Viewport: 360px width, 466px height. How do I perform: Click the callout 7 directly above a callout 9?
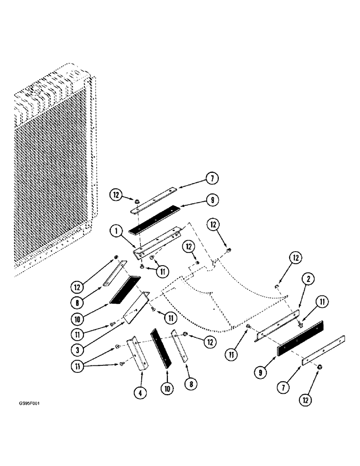pyautogui.click(x=212, y=179)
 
